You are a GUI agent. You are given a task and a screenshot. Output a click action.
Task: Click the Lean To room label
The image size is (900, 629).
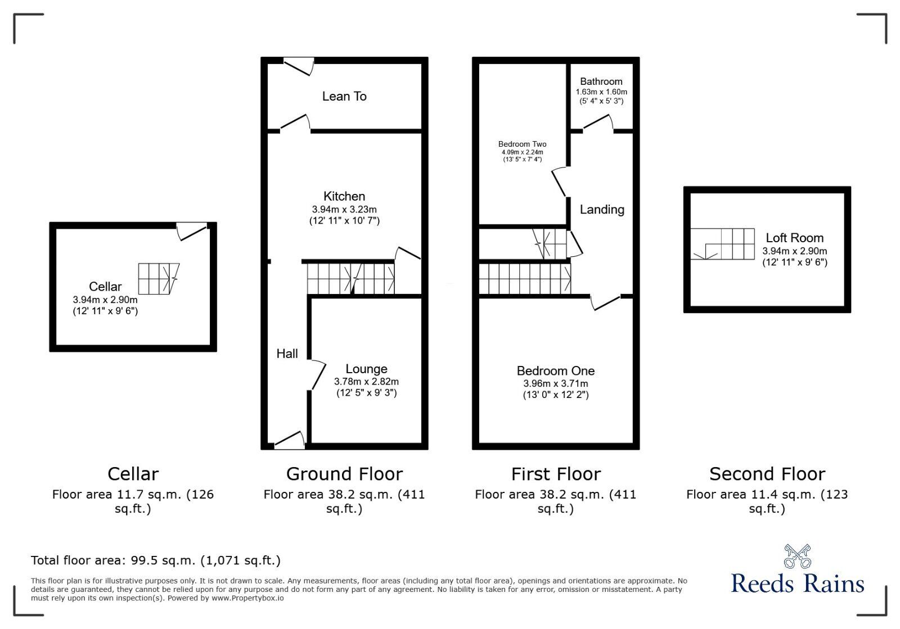(344, 97)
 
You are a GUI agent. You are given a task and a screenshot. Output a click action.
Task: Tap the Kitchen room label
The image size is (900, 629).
(344, 196)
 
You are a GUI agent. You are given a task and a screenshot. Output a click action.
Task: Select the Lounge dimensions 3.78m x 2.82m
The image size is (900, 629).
(366, 382)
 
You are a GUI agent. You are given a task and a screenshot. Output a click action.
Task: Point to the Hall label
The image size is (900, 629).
(287, 354)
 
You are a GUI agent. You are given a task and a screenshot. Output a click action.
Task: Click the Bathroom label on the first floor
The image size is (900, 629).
(601, 82)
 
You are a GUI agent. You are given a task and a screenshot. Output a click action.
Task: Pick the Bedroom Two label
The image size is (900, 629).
(522, 144)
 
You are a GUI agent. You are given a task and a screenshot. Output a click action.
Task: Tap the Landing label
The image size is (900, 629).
(602, 210)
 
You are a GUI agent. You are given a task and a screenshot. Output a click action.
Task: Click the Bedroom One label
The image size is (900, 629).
(556, 371)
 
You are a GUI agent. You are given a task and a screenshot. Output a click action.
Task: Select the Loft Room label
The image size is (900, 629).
(794, 238)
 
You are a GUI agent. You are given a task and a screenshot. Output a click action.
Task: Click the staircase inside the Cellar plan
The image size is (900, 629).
(158, 278)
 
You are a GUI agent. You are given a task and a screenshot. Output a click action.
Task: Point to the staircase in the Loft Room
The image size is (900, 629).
(723, 243)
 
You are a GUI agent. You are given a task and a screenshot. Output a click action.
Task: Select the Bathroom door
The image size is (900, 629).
(598, 124)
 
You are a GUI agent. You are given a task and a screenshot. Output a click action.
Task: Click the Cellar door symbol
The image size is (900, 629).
(192, 231)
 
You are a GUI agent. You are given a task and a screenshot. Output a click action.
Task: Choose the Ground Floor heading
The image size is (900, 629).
(344, 474)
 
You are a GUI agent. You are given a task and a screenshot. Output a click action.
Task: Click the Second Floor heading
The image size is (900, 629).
(767, 474)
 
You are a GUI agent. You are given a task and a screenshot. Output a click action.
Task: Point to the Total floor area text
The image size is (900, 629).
(156, 560)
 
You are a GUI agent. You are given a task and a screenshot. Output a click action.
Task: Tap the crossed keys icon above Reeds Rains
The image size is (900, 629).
(797, 556)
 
